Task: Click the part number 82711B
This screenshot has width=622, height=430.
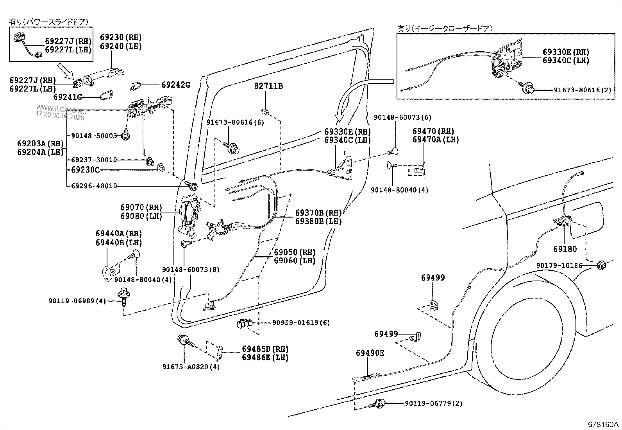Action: click(x=268, y=86)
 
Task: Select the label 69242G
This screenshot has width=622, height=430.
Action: click(x=175, y=85)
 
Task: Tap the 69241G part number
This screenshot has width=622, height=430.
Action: click(x=68, y=97)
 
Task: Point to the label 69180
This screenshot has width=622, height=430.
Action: click(x=565, y=249)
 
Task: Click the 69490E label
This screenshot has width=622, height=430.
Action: click(x=370, y=353)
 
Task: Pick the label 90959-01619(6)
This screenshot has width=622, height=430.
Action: click(x=301, y=323)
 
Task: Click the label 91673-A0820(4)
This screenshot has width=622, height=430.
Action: click(x=191, y=367)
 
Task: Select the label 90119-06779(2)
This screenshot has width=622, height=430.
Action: click(x=433, y=403)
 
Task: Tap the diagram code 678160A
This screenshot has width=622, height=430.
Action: click(x=604, y=425)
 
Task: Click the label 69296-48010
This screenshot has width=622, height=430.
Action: click(x=94, y=186)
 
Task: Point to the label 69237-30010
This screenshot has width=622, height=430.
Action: click(x=94, y=160)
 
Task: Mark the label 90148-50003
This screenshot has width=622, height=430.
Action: click(x=94, y=136)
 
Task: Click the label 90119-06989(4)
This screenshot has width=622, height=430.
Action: click(x=77, y=301)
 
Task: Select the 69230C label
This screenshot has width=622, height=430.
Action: click(x=85, y=170)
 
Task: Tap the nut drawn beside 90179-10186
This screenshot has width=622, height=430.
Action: click(x=601, y=266)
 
